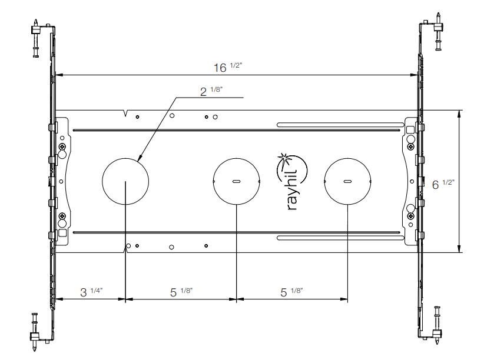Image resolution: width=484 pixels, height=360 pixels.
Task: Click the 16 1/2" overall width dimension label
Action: pyautogui.click(x=227, y=68)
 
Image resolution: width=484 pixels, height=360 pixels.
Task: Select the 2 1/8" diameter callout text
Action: pyautogui.click(x=211, y=91)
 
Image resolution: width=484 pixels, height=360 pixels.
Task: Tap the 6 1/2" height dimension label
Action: pyautogui.click(x=443, y=184)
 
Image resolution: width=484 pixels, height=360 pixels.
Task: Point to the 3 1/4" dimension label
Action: pyautogui.click(x=91, y=292)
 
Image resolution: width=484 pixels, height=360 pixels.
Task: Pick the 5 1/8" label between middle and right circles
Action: pyautogui.click(x=292, y=292)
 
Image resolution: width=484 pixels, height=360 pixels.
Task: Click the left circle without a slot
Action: pyautogui.click(x=125, y=181)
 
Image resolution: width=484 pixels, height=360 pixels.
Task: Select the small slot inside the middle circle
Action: pyautogui.click(x=236, y=181)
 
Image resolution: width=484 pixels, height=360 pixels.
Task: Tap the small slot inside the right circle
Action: pyautogui.click(x=347, y=181)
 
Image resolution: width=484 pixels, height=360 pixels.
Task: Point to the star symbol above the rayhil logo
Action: pyautogui.click(x=284, y=158)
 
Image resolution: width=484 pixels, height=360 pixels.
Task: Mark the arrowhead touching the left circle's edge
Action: pyautogui.click(x=139, y=158)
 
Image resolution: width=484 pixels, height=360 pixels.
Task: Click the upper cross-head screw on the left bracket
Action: pyautogui.click(x=62, y=146)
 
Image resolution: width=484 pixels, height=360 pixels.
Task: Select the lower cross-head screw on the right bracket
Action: pyautogui.click(x=410, y=216)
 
